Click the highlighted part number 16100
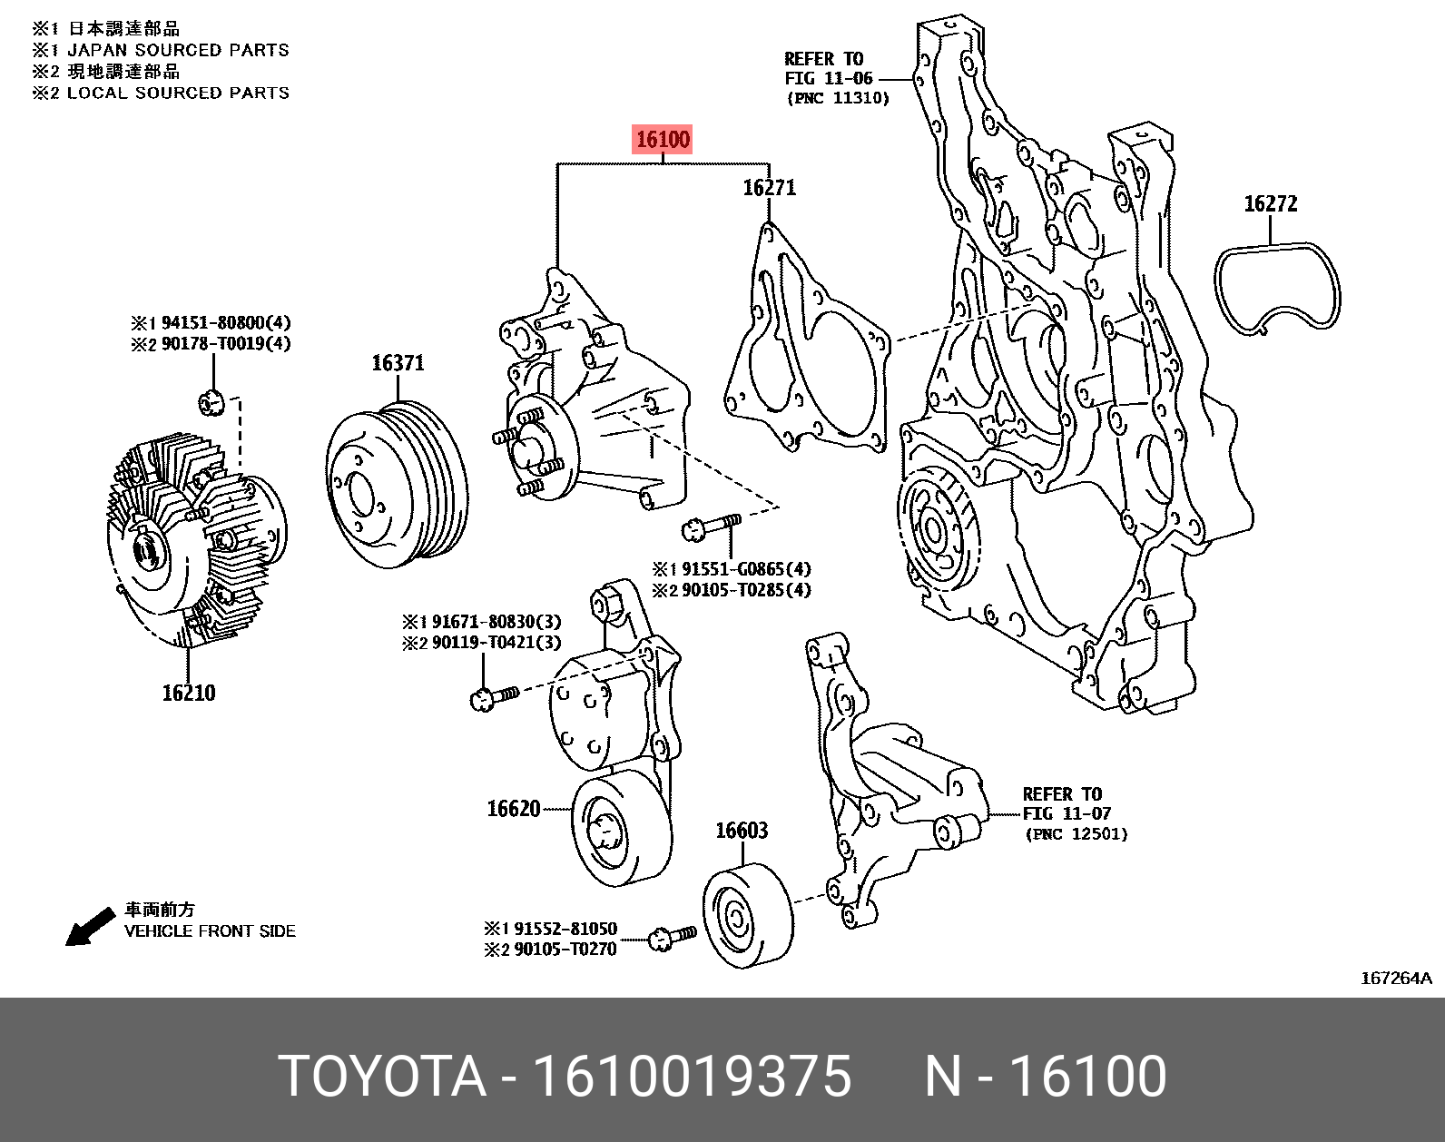pyautogui.click(x=663, y=140)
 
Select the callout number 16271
pyautogui.click(x=769, y=188)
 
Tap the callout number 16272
pyautogui.click(x=1270, y=204)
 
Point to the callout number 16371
pyautogui.click(x=398, y=363)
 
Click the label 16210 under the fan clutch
pyautogui.click(x=189, y=694)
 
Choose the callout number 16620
pyautogui.click(x=513, y=809)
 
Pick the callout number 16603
pyautogui.click(x=741, y=831)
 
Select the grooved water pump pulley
pyautogui.click(x=398, y=486)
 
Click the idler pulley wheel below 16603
pyautogui.click(x=746, y=917)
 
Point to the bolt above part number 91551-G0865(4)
pyautogui.click(x=710, y=526)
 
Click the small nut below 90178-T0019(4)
pyautogui.click(x=211, y=400)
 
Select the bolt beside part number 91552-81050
pyautogui.click(x=673, y=937)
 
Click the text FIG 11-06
pyautogui.click(x=828, y=79)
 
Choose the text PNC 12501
pyautogui.click(x=1076, y=834)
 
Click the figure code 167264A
pyautogui.click(x=1395, y=978)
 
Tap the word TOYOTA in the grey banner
pyautogui.click(x=382, y=1077)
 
